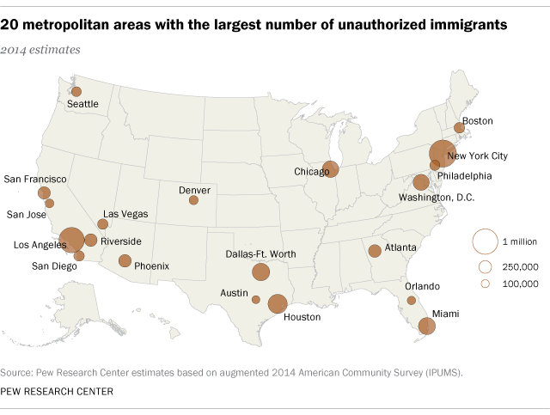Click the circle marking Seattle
76,91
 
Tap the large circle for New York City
442,153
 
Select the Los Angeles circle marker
72,240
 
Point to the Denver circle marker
193,200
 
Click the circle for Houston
278,303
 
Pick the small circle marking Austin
256,300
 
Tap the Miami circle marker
425,326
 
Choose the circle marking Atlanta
375,251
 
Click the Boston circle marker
459,128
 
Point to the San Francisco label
34,180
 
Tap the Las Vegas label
125,214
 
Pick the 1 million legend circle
485,241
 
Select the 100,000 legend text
520,283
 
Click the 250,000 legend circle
485,266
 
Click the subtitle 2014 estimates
41,50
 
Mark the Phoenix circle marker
125,261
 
